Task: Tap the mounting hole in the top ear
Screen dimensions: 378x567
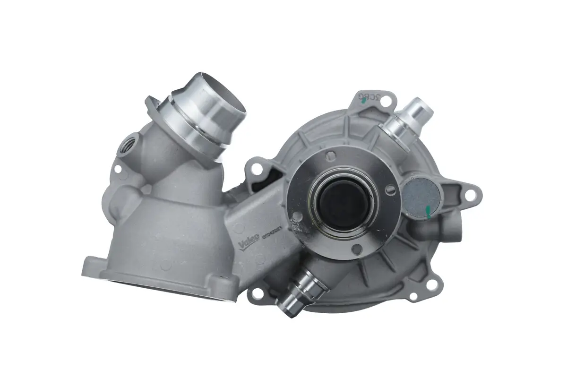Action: [x=386, y=101]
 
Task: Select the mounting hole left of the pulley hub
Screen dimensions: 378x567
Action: [x=257, y=168]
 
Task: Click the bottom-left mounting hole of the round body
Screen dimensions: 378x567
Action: [x=257, y=293]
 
